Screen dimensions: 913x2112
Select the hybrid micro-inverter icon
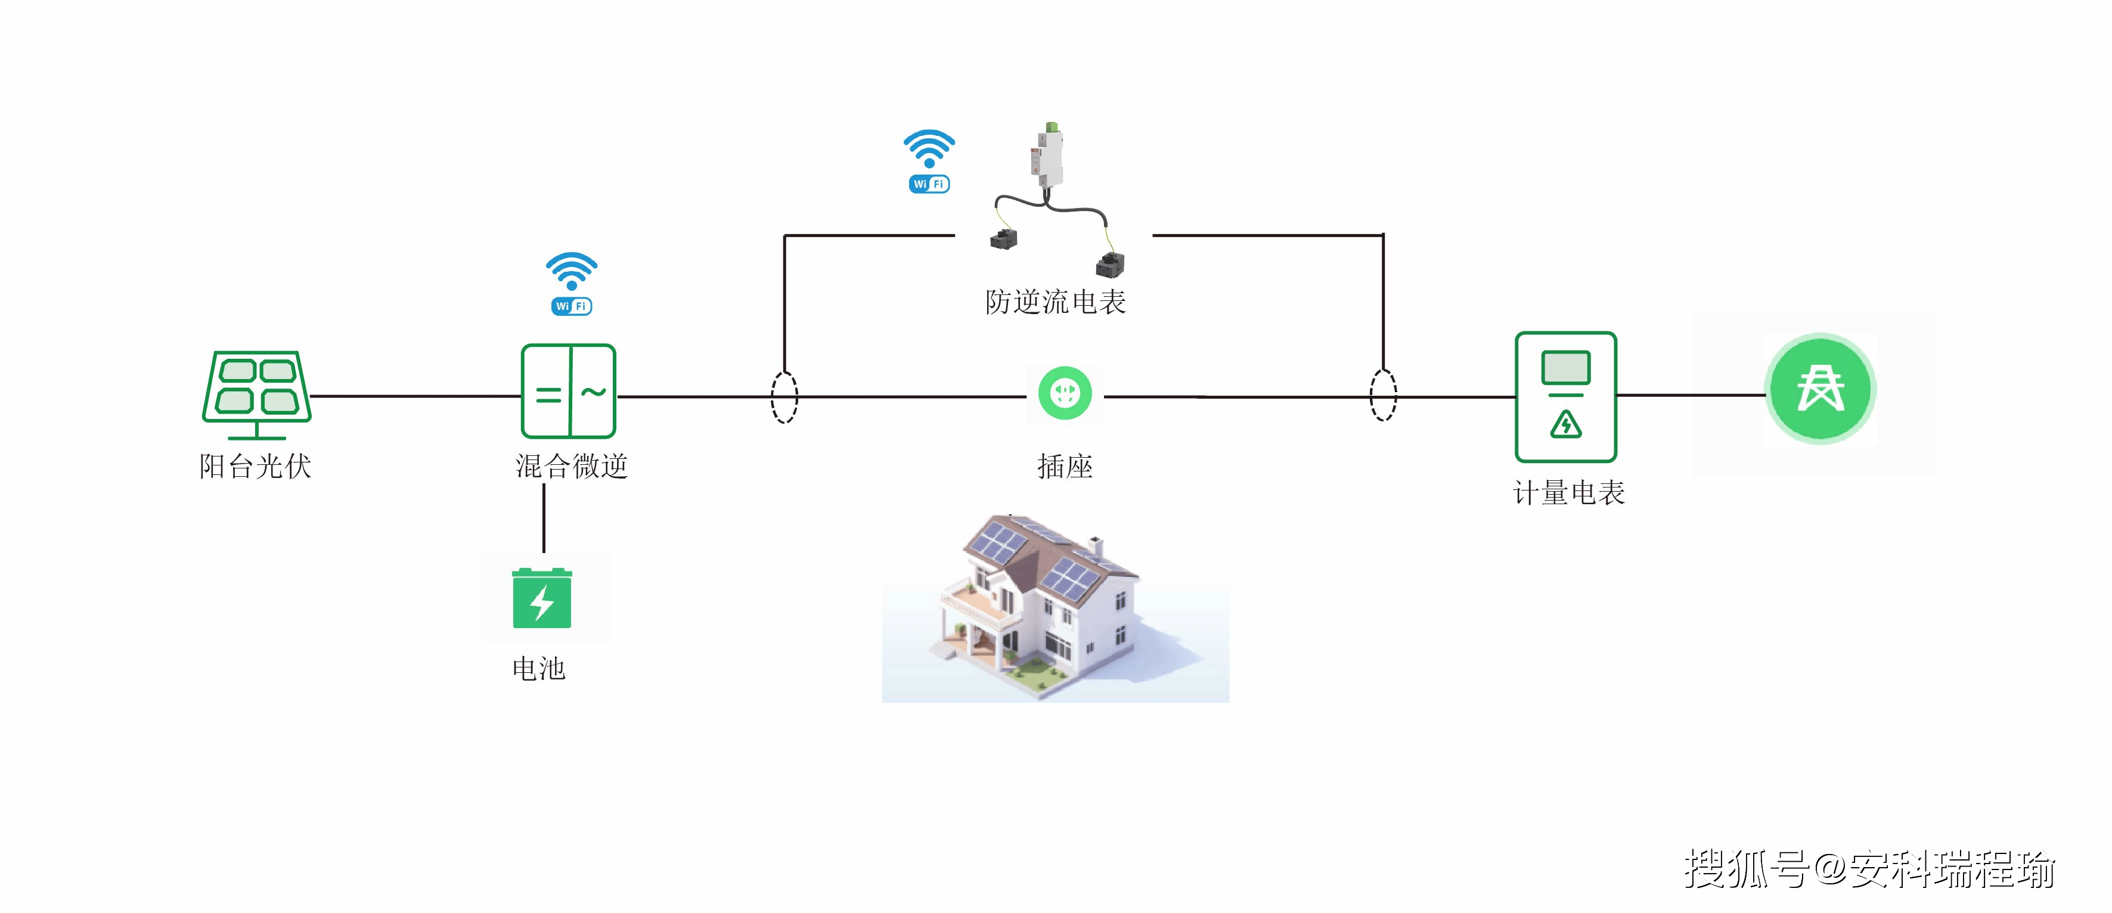(568, 391)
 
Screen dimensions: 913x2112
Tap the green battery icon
(542, 598)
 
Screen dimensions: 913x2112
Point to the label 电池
(539, 669)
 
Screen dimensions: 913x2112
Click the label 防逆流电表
(1055, 302)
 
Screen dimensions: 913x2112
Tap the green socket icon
(1065, 393)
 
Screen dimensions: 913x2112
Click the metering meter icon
(1565, 397)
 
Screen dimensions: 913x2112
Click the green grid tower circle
(1820, 389)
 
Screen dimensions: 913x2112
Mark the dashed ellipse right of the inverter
(784, 397)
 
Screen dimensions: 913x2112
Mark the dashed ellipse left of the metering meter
(1383, 395)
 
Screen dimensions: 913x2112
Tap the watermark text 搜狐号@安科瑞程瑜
(1869, 869)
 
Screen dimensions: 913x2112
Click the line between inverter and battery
(544, 518)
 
